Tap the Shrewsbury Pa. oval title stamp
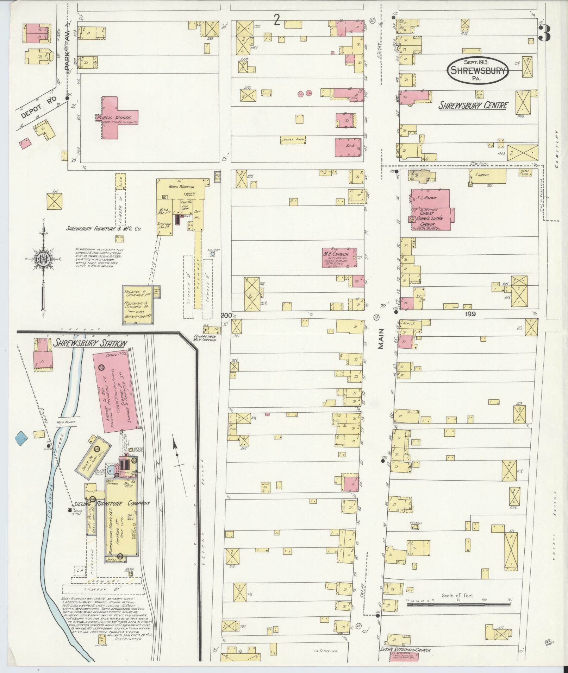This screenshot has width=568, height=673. click(478, 71)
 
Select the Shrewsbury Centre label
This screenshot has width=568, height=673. click(473, 105)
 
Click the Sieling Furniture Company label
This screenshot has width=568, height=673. click(112, 503)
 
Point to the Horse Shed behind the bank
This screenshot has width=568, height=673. click(292, 140)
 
